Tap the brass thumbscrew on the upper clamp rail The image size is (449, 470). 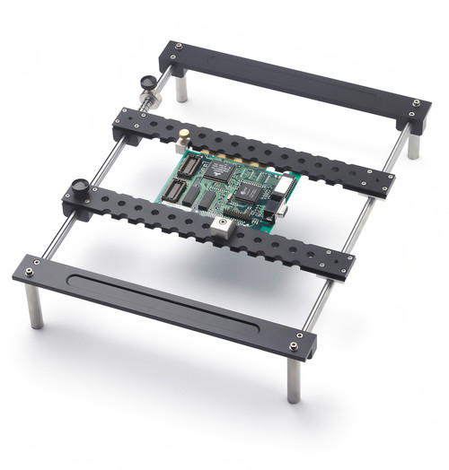[x=183, y=135]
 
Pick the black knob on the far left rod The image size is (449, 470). [x=145, y=83]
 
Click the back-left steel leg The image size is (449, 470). [x=181, y=88]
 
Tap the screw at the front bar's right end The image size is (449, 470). [x=295, y=346]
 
